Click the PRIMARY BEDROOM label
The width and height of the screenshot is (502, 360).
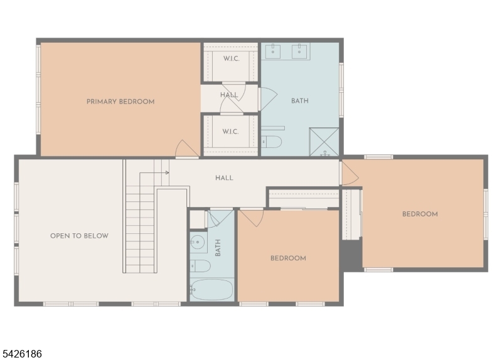[x=120, y=102]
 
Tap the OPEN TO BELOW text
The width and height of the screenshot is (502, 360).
[x=79, y=236]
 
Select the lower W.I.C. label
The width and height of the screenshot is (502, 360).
[x=230, y=132]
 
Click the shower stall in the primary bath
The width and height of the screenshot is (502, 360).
[x=324, y=142]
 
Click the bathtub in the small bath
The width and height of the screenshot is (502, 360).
[x=211, y=290]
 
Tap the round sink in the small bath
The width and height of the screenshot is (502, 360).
[x=198, y=241]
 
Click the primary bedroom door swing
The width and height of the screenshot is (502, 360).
[x=186, y=149]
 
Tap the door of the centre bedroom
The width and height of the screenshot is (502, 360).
[x=252, y=217]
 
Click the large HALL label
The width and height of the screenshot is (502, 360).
[x=224, y=178]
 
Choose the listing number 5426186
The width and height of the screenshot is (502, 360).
[x=22, y=354]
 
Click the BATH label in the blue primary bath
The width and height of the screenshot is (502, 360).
[x=300, y=101]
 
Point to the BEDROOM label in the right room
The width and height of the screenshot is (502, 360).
[x=420, y=214]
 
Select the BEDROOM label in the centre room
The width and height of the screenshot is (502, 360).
[x=288, y=258]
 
